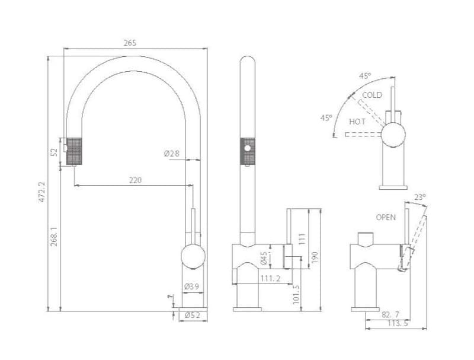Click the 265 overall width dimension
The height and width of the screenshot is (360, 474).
coord(130,43)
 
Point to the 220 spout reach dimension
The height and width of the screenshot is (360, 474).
coord(135,180)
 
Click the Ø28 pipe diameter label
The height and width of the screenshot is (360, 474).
coord(172,154)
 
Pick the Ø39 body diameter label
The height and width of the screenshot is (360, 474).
coord(191,286)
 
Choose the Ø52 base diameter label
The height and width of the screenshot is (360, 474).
coord(193,316)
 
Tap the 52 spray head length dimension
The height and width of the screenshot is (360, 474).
coord(55,152)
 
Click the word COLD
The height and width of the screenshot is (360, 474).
coord(372,95)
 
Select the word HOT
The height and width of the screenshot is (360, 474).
coord(357,122)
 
